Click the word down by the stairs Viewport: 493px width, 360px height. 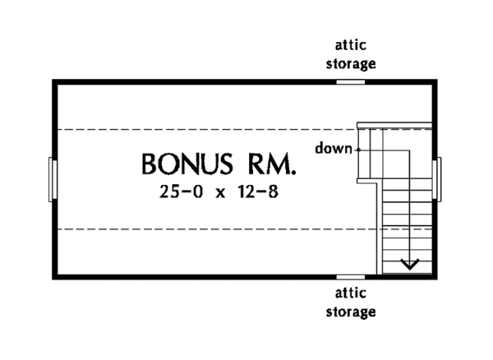coord(331,149)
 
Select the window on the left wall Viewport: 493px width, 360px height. coord(53,178)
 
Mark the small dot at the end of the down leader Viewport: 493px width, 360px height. coord(359,150)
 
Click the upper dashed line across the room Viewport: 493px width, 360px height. coord(205,128)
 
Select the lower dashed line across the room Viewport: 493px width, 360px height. coord(205,228)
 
